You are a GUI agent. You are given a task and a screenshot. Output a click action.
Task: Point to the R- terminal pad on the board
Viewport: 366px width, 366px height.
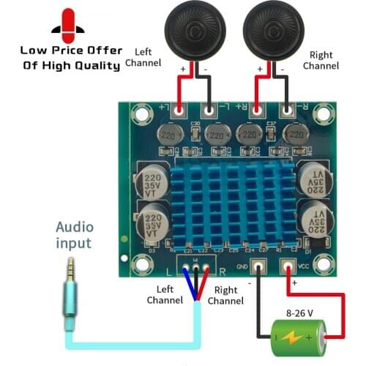[x=288, y=111]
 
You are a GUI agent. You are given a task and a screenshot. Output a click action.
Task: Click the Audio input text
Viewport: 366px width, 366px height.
[x=75, y=234]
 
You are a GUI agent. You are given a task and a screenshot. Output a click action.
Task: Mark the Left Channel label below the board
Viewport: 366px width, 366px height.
[x=164, y=295]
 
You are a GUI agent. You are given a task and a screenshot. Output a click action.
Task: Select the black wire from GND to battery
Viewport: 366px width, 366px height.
[x=258, y=307]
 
